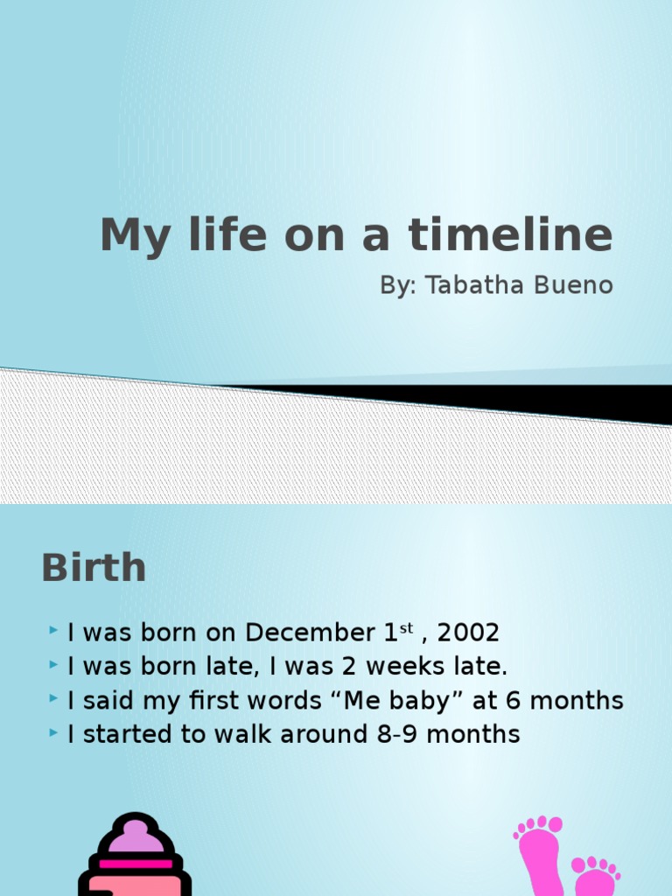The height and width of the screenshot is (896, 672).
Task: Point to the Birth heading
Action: (94, 568)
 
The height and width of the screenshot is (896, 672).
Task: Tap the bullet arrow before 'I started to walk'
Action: (54, 732)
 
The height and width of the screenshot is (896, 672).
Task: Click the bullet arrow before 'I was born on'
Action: (54, 630)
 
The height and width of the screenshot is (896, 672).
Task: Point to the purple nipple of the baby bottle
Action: (135, 835)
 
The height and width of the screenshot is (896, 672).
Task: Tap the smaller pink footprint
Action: (596, 878)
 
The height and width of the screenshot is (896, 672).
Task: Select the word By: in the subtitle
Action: (398, 285)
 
